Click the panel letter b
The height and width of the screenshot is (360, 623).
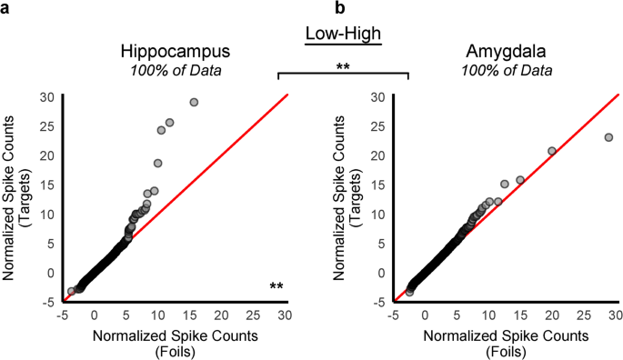[341, 8]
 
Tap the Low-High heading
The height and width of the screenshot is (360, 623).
[342, 35]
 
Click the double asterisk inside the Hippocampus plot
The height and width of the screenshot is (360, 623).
[277, 287]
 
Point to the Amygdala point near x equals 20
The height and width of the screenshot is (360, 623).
[551, 151]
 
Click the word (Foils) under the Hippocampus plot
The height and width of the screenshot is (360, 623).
[172, 349]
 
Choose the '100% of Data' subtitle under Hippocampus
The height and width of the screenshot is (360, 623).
[172, 71]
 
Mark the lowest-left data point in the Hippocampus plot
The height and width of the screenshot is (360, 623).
[71, 292]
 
